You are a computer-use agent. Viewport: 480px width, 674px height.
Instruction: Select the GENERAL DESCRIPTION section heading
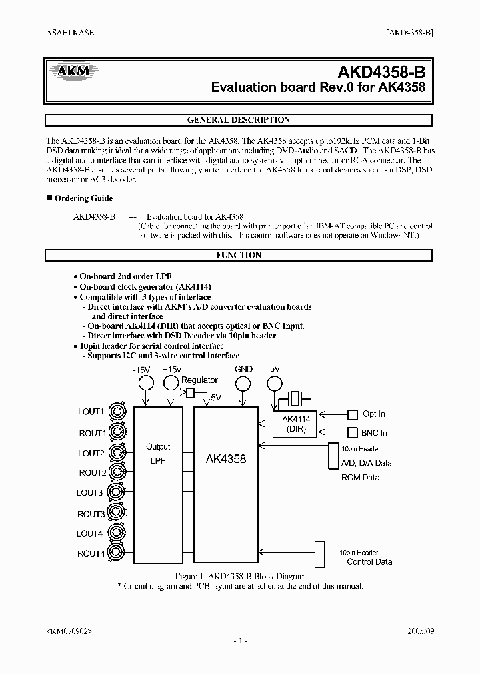239,120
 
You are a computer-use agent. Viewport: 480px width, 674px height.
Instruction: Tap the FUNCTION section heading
239,255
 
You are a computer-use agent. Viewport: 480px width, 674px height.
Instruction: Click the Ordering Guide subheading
83,198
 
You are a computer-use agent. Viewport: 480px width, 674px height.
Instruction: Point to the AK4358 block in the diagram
226,459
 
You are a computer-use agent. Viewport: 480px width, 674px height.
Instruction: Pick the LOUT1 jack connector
119,412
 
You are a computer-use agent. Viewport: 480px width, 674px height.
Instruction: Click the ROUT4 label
91,553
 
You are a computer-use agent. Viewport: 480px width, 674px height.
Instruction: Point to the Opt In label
373,414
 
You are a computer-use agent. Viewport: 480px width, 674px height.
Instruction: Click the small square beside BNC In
353,432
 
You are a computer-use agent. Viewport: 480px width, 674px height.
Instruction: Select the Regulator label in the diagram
199,380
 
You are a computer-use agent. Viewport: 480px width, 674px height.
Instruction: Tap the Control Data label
369,561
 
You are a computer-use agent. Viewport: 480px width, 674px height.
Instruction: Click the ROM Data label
361,477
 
